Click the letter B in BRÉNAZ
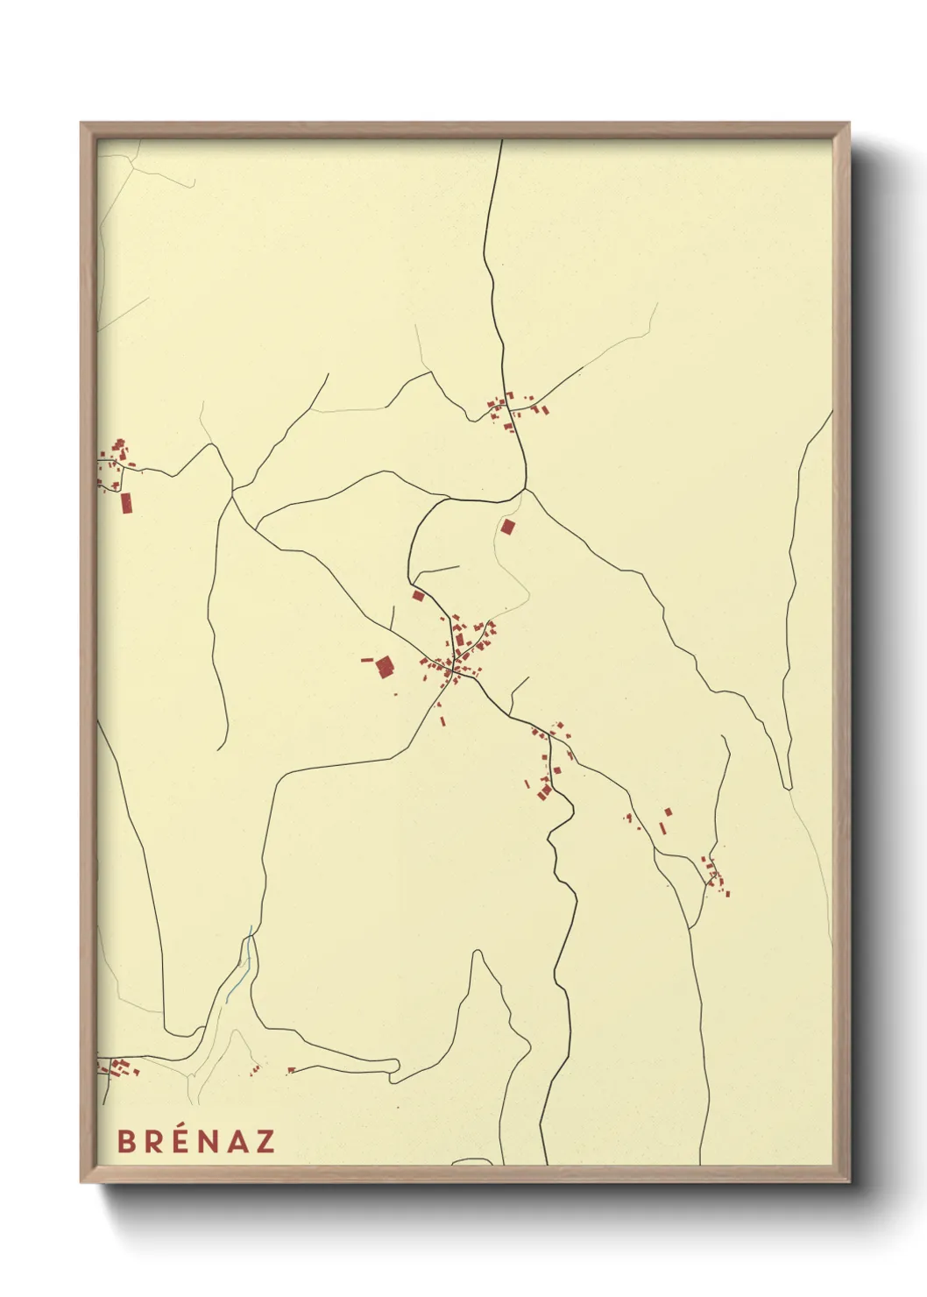126,1141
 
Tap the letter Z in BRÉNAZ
265,1141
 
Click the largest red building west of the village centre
385,668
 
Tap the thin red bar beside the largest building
367,659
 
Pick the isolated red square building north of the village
508,527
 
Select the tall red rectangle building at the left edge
126,502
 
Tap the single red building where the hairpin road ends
291,1070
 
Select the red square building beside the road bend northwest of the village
419,596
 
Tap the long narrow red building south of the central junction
442,722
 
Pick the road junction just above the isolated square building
524,490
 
